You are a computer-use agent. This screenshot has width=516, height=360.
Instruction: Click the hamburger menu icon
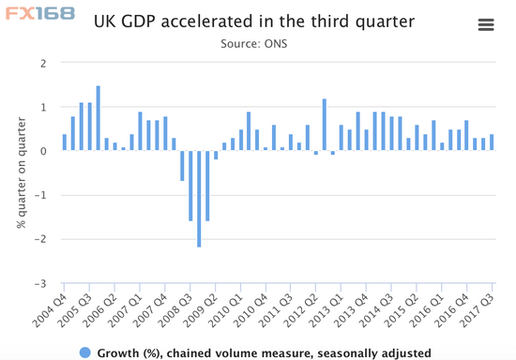(486, 25)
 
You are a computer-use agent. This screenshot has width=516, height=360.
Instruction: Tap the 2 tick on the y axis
(42, 64)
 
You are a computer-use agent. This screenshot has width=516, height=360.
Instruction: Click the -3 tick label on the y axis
(39, 283)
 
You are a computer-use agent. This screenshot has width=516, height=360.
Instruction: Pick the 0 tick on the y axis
(42, 151)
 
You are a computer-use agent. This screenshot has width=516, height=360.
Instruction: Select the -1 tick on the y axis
(39, 195)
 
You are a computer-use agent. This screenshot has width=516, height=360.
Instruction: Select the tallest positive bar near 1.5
(98, 118)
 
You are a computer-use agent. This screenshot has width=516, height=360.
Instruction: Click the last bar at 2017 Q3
(491, 142)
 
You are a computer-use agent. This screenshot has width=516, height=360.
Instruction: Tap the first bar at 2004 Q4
(65, 142)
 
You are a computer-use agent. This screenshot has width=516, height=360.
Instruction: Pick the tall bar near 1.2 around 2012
(325, 125)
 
